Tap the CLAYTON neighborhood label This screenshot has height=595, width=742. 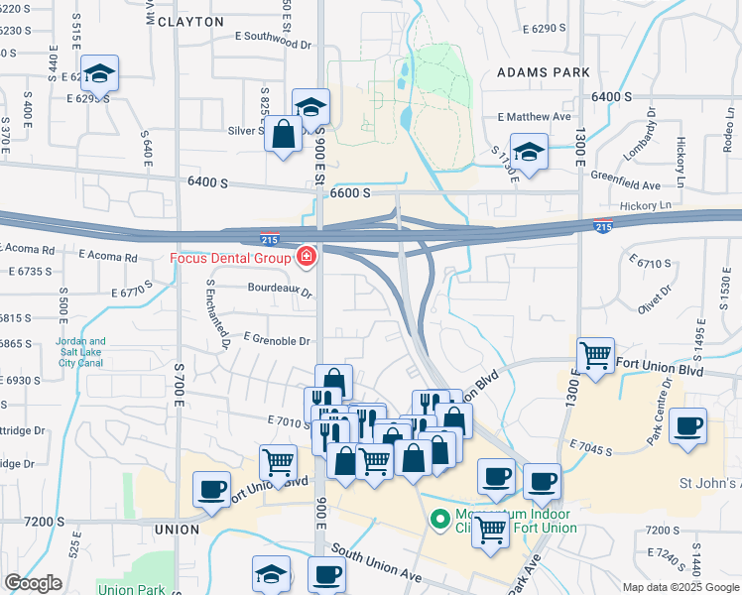point(190,21)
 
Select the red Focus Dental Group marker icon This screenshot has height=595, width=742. point(307,258)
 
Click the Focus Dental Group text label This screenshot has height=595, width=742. point(231,259)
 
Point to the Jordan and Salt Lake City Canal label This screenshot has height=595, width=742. point(81,352)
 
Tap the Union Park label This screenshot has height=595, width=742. point(131,590)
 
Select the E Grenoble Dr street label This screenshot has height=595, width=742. point(276,340)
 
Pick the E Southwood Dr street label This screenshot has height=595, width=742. point(273,38)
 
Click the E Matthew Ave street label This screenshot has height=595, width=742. point(535,116)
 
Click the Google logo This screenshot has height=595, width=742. point(33,584)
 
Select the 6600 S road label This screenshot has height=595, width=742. point(350,192)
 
